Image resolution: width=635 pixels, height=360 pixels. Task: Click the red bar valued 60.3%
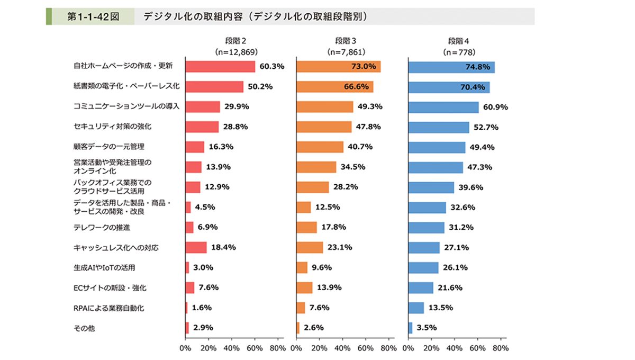click(x=220, y=67)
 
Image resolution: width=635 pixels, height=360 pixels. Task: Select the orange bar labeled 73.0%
click(x=339, y=67)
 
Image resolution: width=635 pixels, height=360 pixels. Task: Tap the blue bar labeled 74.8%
click(x=451, y=67)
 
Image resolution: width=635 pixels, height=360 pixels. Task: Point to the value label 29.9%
click(x=236, y=107)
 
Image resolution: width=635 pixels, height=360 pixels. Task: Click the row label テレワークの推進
click(x=95, y=228)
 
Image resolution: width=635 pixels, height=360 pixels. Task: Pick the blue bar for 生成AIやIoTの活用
click(x=423, y=268)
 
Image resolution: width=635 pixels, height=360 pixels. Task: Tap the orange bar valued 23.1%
click(x=310, y=248)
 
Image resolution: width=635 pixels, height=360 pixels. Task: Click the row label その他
click(x=84, y=328)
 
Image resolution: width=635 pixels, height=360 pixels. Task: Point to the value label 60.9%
click(x=496, y=107)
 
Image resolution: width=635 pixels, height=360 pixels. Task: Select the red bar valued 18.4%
click(x=196, y=248)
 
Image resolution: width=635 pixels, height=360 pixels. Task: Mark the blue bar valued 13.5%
click(x=416, y=308)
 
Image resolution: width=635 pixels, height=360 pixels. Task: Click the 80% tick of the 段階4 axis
click(x=501, y=348)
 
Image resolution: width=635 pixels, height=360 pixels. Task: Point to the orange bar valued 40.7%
click(x=320, y=147)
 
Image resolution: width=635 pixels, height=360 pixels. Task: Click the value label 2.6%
click(x=313, y=328)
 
